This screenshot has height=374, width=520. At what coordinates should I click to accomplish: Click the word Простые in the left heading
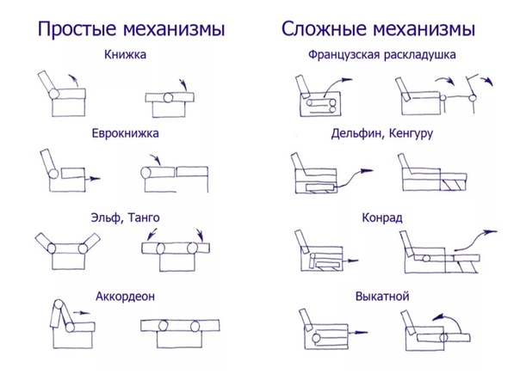coord(78,29)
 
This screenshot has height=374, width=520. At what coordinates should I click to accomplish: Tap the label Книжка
coord(125,54)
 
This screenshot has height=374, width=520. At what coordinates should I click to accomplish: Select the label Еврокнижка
coord(126,133)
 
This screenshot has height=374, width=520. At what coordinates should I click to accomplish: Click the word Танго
coord(144,218)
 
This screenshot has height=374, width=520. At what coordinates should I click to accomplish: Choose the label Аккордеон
coord(126,296)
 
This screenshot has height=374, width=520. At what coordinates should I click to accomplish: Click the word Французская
coord(343,55)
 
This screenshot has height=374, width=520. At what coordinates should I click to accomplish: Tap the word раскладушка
coord(419,55)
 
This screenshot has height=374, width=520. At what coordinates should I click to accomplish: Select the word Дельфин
coord(357,133)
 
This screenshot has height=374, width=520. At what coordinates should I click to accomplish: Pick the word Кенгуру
coord(411,133)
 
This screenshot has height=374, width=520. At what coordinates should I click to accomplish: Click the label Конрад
coord(382,218)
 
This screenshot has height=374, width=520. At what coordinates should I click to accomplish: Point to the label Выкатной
coord(382,296)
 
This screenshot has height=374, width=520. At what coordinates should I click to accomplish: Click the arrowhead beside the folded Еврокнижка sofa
coord(96,179)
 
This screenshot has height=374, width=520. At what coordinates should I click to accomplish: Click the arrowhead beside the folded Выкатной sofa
coord(362,332)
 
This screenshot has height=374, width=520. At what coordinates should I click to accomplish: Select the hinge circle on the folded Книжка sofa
coord(54,94)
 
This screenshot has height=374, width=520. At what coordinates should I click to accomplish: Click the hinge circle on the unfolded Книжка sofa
coord(169,98)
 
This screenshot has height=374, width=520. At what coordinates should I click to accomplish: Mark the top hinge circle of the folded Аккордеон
coord(59,304)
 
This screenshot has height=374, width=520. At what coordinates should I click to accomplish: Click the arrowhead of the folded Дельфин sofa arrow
coord(368,170)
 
